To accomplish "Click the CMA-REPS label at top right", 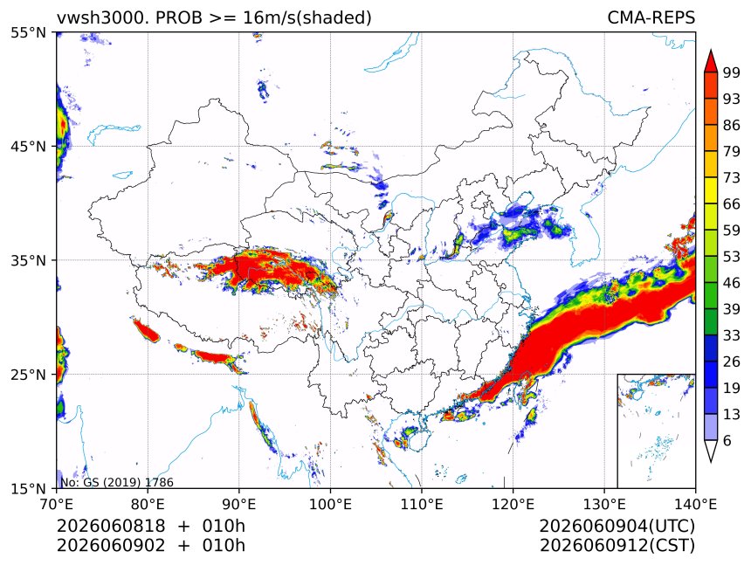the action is pos(651,17).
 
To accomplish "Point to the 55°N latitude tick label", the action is pos(28,32).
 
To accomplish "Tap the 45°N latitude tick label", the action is pos(28,146).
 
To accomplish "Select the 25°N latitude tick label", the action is pos(28,374).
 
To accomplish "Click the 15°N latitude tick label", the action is pos(28,488).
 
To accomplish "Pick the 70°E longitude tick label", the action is pos(57,504).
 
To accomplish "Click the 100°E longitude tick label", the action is pos(330,504).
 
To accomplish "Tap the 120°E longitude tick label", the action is pos(513,504).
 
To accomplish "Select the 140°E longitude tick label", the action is pos(695,504).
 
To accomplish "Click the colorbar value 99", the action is pos(732,72).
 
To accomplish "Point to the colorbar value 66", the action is pos(732,204).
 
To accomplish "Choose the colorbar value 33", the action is pos(732,335).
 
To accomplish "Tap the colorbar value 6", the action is pos(727,440).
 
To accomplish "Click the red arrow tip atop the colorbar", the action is pos(711,50).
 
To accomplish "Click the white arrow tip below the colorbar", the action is pos(711,462).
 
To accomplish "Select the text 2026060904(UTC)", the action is pos(617,526).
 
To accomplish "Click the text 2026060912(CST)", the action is pos(617,546).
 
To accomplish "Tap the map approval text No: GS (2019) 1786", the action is pos(117,482).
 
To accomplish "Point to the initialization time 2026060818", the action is pos(111,526).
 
